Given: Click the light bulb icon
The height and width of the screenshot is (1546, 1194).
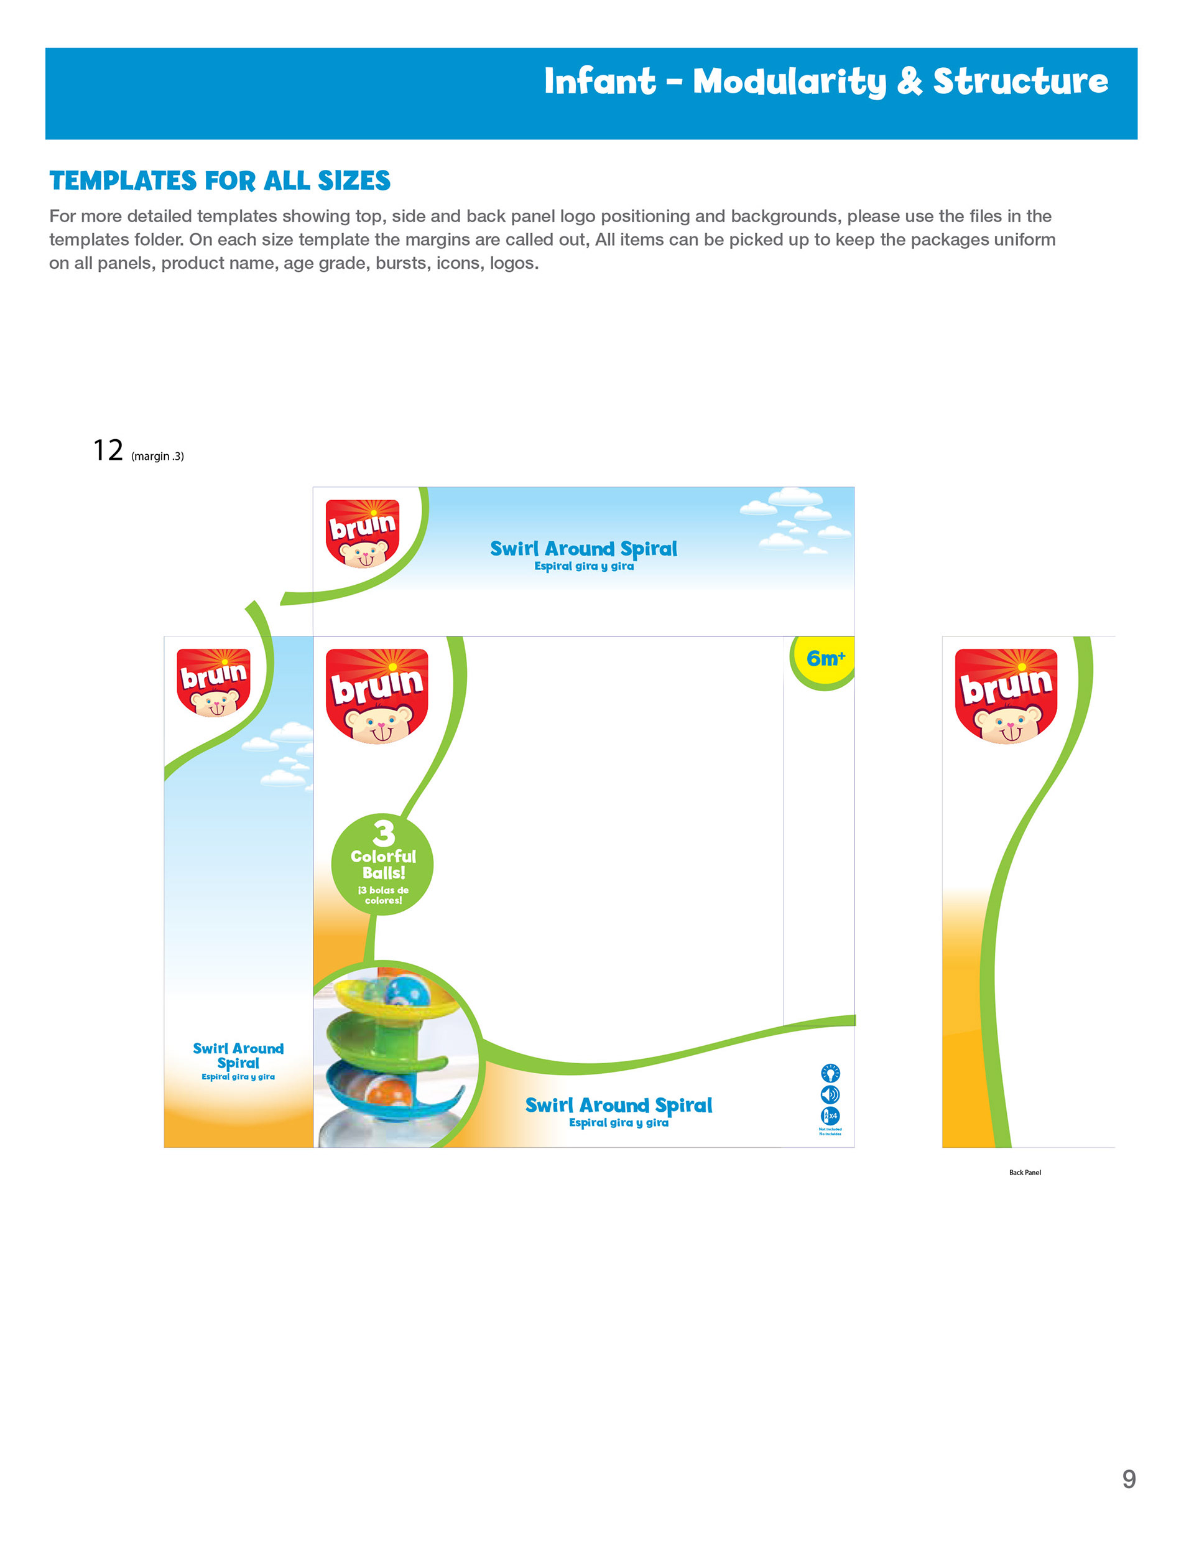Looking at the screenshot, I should pyautogui.click(x=830, y=1073).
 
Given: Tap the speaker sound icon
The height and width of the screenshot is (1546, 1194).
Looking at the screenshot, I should pyautogui.click(x=830, y=1095).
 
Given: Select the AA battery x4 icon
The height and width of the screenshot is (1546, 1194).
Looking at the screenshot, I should pyautogui.click(x=830, y=1116).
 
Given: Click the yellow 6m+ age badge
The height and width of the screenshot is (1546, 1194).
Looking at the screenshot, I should pyautogui.click(x=825, y=659).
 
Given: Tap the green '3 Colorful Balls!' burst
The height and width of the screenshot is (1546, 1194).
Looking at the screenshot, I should pyautogui.click(x=382, y=864).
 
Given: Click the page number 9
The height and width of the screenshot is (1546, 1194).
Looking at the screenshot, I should pyautogui.click(x=1129, y=1479).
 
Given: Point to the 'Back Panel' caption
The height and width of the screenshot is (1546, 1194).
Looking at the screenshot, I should pyautogui.click(x=1025, y=1173).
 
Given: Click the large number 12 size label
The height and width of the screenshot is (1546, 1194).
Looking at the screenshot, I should pyautogui.click(x=108, y=450).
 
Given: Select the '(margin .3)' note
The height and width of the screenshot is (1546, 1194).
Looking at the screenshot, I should pyautogui.click(x=157, y=457).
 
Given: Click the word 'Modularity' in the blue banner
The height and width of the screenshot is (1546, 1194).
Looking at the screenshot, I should pyautogui.click(x=789, y=82).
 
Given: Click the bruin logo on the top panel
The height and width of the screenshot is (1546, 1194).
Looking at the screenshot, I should pyautogui.click(x=363, y=533).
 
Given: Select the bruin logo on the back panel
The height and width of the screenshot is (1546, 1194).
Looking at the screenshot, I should pyautogui.click(x=1006, y=695).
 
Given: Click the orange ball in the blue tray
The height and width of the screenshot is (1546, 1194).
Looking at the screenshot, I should pyautogui.click(x=391, y=1090).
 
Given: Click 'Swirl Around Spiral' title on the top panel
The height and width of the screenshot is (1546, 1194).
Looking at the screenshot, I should pyautogui.click(x=583, y=549).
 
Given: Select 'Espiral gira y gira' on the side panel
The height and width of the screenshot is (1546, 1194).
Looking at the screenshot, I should pyautogui.click(x=238, y=1077).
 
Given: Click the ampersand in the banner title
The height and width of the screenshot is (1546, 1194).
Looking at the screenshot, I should pyautogui.click(x=909, y=82).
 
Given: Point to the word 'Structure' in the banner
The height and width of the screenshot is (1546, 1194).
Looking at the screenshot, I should pyautogui.click(x=1020, y=82).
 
